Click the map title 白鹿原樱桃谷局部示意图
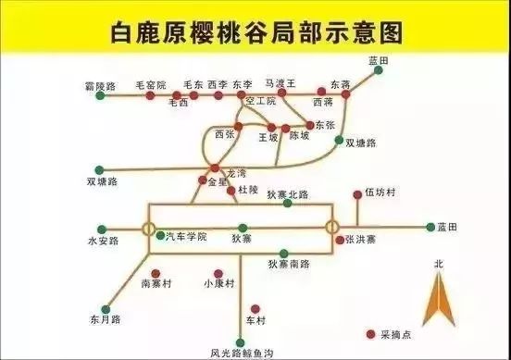(255, 33)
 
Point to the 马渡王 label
(280, 83)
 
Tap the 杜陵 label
(247, 189)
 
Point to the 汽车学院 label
(187, 237)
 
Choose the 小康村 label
(218, 282)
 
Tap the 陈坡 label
(301, 136)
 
